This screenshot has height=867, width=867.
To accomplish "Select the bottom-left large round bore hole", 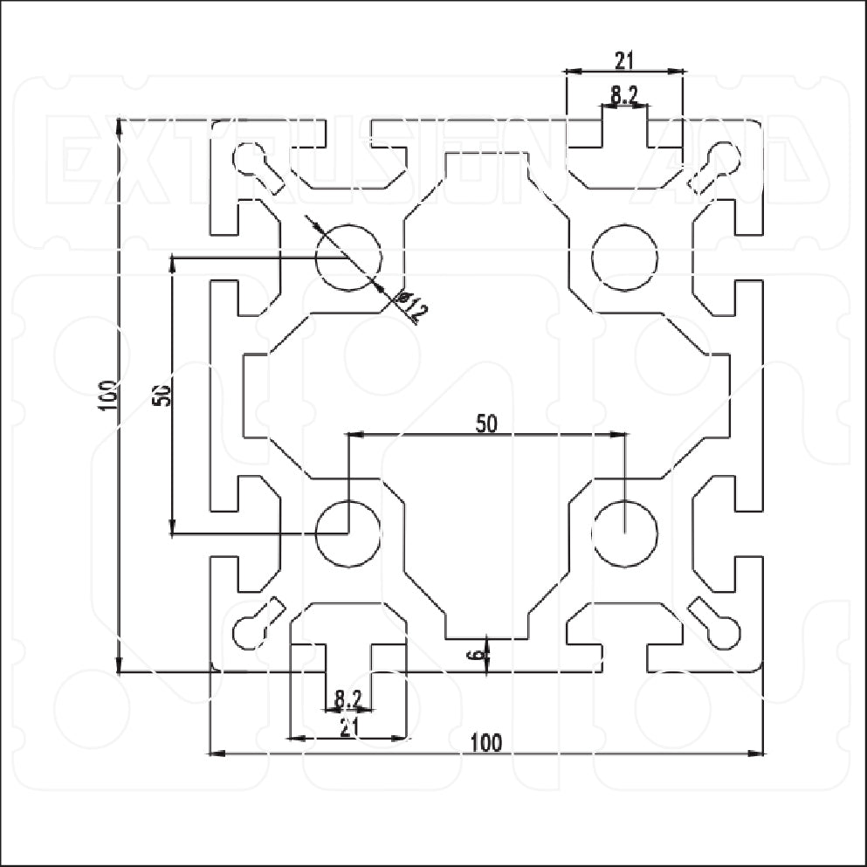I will pos(348,533).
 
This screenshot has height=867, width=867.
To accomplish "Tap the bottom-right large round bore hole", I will pos(624,533).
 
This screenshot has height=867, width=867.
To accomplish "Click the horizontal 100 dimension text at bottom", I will pos(486,742).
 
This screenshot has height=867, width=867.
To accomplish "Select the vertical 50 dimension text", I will pos(162,395).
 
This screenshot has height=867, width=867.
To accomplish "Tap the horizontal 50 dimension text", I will pos(486,423).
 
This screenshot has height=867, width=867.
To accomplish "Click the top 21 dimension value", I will pos(623,59).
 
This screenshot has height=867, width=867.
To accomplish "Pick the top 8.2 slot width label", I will pos(623,96).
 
